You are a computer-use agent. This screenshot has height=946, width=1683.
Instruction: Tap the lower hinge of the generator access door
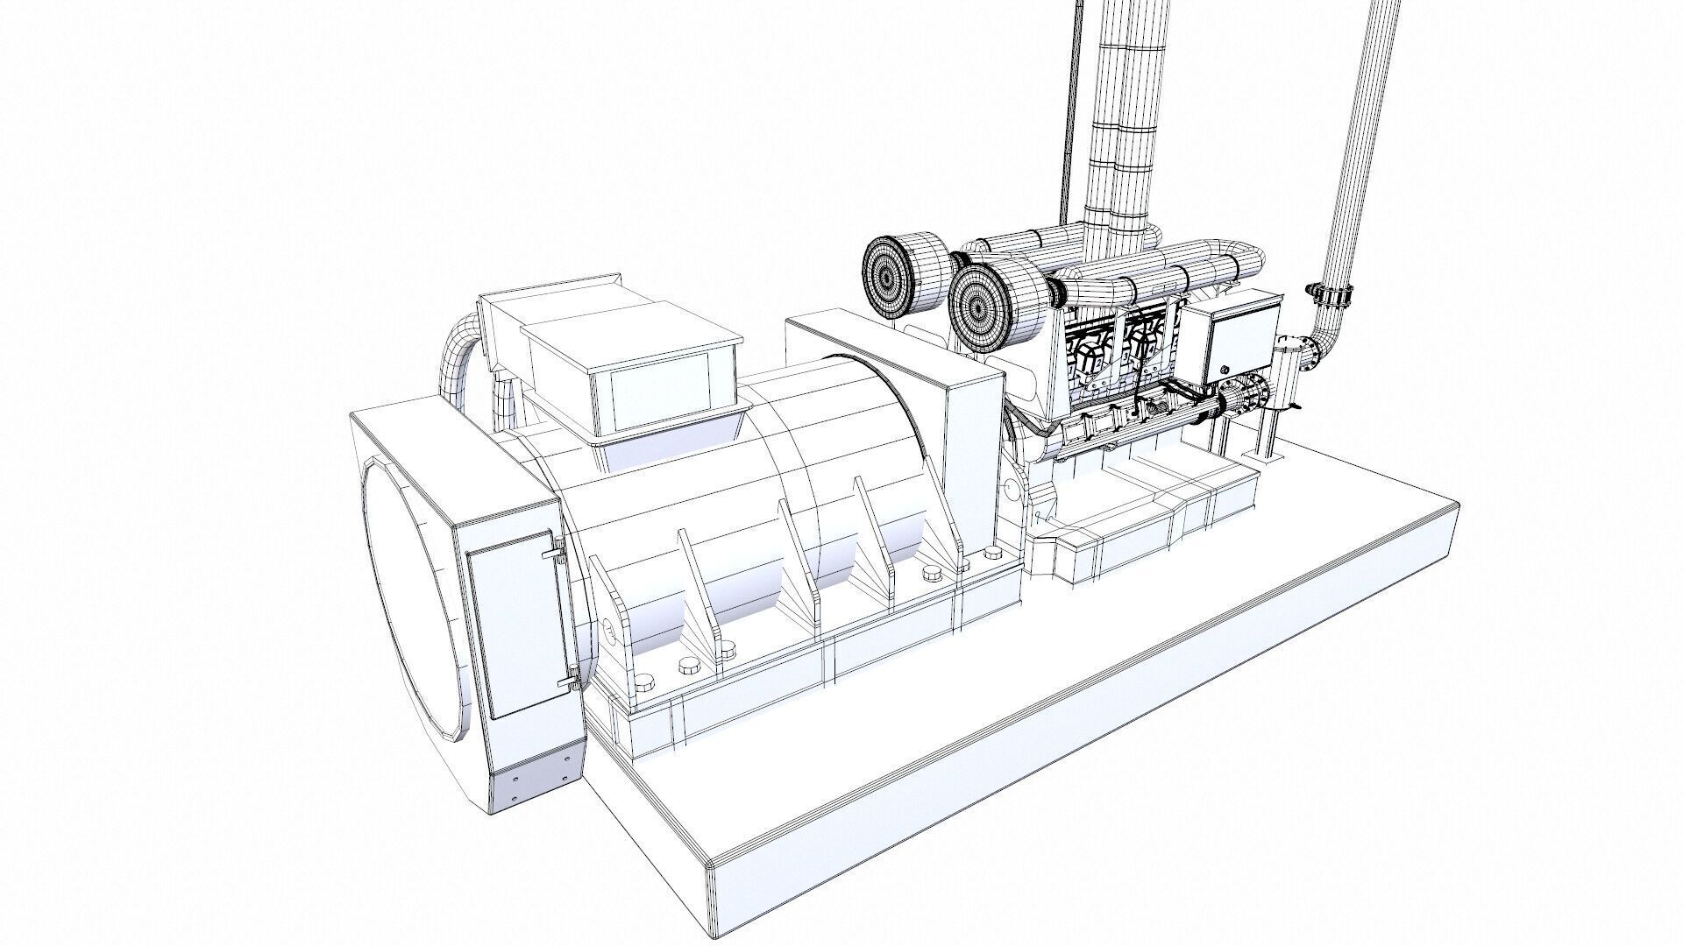[571, 675]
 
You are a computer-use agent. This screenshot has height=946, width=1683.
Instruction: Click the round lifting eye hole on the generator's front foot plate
[607, 627]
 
